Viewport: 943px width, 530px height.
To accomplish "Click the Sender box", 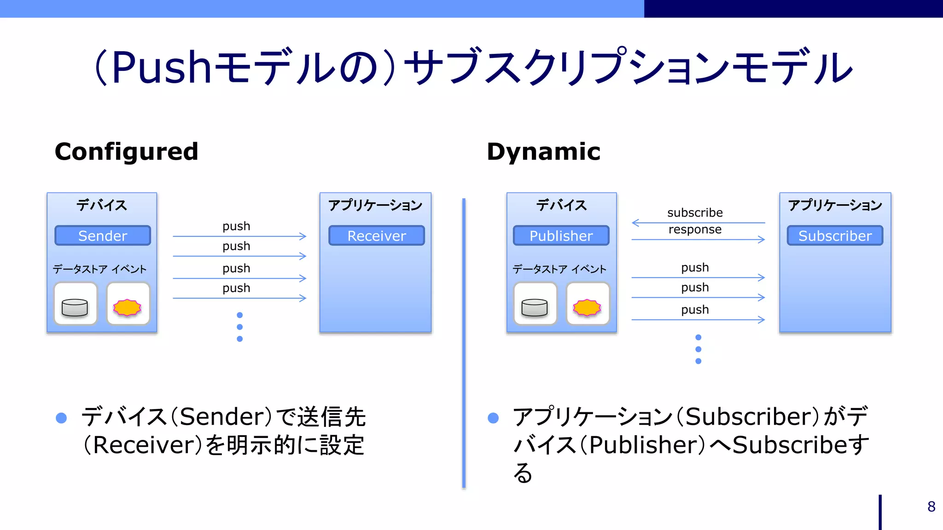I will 102,236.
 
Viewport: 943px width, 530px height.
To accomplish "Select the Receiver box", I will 376,236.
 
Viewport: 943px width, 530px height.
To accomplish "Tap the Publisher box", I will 561,236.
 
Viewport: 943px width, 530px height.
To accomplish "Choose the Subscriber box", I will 834,236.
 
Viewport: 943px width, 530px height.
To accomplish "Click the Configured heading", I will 126,152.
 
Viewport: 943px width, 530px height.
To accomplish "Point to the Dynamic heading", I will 543,152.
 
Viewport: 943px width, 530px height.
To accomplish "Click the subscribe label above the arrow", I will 694,213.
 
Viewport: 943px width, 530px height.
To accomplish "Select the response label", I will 694,229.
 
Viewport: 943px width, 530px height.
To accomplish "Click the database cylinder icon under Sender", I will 75,307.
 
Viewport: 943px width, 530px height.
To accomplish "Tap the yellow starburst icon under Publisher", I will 587,307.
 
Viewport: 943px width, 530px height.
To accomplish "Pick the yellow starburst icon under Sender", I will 128,307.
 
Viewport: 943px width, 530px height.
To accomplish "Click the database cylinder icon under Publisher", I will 535,307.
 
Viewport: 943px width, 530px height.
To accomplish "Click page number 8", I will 931,507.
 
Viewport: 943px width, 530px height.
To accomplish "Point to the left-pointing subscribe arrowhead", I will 635,223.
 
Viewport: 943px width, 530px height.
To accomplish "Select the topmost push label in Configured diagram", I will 236,226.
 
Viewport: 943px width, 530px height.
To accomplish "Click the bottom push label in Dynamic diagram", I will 694,310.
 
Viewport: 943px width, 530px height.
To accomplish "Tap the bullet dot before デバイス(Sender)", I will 61,418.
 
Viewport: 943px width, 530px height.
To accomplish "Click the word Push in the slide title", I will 161,68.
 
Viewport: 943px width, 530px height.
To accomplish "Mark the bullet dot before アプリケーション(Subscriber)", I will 493,418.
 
